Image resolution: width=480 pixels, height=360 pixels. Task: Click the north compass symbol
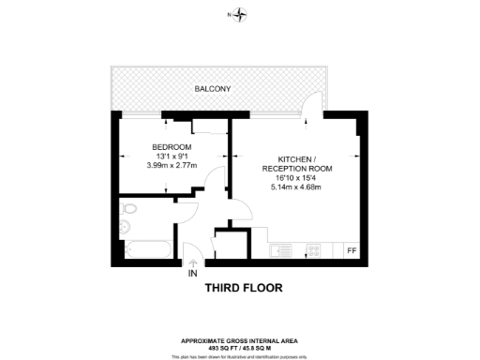[242, 14]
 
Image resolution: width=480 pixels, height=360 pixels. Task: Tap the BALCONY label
[213, 89]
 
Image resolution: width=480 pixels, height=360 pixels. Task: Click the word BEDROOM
[172, 147]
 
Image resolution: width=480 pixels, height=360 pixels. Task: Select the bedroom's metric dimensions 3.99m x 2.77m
[172, 166]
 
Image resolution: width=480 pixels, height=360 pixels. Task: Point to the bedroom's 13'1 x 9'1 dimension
[172, 157]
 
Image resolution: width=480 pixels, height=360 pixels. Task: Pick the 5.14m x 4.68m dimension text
[295, 187]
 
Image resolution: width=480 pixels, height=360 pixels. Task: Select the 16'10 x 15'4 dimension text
[295, 177]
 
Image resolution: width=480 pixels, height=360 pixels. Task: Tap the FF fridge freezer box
[352, 250]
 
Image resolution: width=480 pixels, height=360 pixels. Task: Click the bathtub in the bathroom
[145, 248]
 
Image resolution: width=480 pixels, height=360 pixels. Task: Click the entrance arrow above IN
[192, 262]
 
